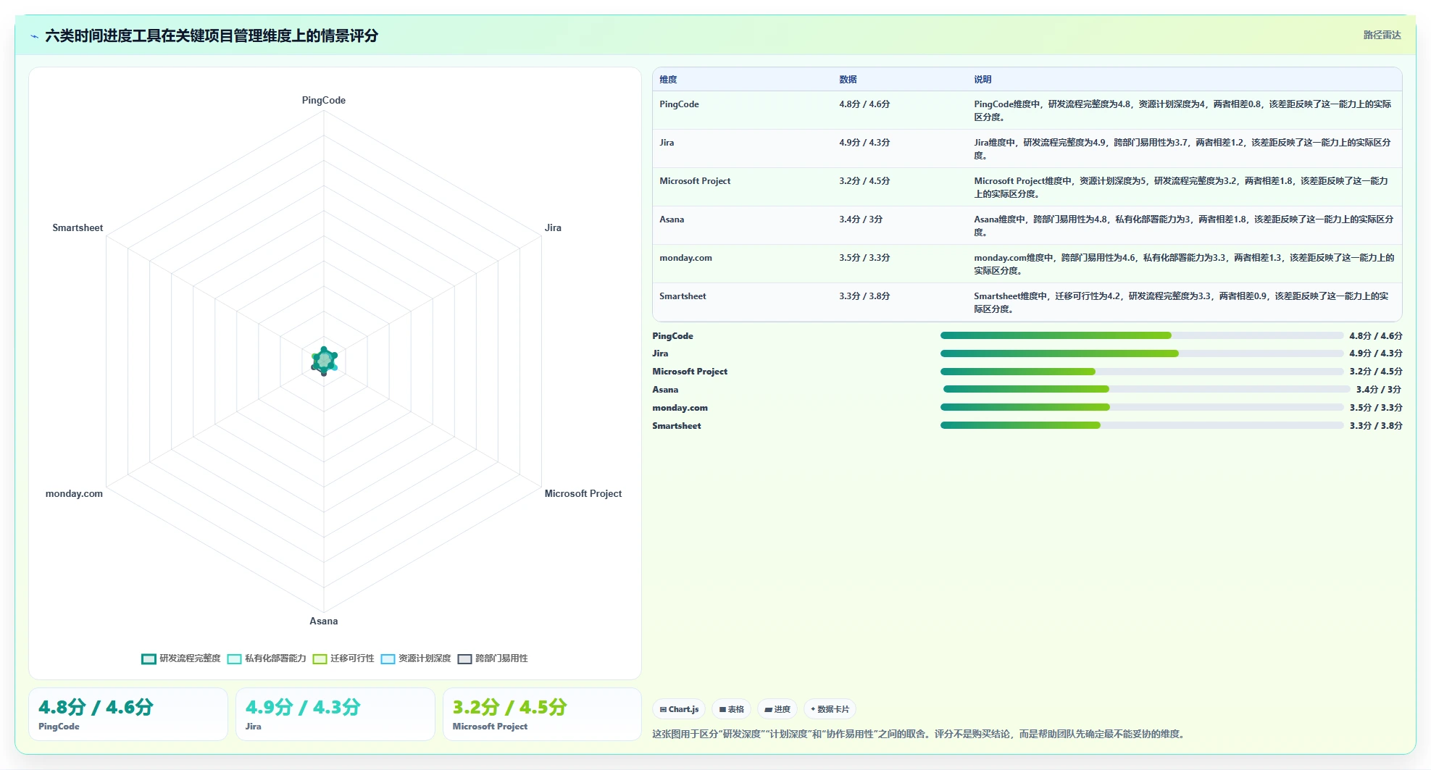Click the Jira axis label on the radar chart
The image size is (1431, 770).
coord(553,227)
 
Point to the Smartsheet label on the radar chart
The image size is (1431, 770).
coord(78,227)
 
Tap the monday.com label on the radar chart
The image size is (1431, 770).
coord(74,493)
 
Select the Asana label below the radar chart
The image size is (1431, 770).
coord(324,621)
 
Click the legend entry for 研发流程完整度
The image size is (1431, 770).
coord(181,658)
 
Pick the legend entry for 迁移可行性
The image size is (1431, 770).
coord(344,658)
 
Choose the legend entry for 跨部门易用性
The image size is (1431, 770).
coord(493,658)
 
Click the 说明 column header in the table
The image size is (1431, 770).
coord(982,80)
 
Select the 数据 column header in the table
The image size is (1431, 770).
coord(848,80)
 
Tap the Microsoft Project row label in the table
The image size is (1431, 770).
coord(695,181)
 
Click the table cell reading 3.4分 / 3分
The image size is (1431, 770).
coord(861,219)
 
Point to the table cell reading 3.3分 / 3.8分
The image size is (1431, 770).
coord(864,296)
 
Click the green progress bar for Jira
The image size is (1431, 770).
coord(1059,353)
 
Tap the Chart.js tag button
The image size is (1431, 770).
coord(679,709)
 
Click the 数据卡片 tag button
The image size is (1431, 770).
coord(830,709)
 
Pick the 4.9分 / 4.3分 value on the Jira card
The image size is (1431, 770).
coord(303,707)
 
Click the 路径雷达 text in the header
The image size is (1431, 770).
coord(1382,35)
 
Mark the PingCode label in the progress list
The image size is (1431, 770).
coord(672,336)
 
